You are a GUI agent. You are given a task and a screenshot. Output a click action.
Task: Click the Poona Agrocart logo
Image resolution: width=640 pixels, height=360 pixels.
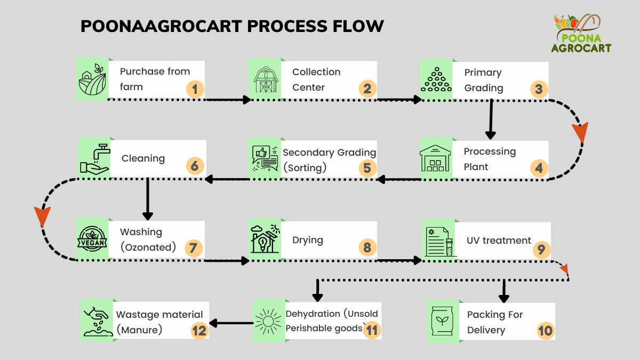tap(581, 34)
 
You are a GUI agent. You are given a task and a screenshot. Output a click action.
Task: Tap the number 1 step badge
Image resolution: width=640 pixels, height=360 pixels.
tap(195, 89)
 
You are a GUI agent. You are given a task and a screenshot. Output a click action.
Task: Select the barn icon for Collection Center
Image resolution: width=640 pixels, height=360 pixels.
tap(266, 79)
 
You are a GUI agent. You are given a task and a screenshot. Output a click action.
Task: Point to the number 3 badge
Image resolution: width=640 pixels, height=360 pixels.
tap(539, 89)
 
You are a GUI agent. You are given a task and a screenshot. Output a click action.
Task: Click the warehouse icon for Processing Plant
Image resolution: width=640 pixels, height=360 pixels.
tap(435, 158)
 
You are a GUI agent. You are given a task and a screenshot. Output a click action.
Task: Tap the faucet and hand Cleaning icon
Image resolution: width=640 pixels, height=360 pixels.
tap(95, 158)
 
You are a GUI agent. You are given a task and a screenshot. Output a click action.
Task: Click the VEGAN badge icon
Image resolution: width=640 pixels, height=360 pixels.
tap(92, 238)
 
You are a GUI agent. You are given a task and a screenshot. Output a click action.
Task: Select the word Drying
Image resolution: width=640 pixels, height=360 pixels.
tap(308, 241)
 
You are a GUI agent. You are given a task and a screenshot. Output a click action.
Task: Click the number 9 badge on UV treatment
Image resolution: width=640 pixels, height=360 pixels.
tap(541, 250)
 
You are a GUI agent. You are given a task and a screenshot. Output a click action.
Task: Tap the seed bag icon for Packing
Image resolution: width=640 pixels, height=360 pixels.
tap(442, 321)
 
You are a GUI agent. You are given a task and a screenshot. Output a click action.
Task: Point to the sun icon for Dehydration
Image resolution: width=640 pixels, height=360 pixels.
tap(268, 322)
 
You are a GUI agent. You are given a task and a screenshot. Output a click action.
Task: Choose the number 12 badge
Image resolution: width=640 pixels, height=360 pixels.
tap(199, 331)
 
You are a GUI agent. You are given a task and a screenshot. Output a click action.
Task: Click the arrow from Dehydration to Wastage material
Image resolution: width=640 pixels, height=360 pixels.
tap(231, 323)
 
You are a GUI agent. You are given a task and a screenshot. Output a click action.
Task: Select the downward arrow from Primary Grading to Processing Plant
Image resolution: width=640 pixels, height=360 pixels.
tap(491, 119)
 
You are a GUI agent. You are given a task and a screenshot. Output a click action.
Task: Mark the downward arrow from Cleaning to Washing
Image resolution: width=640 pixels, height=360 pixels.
tap(147, 199)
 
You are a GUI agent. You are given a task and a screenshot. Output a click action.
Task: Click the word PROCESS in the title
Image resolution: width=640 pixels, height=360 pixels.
tap(287, 26)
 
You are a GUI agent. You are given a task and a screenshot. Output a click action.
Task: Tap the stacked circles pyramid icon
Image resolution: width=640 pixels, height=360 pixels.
tap(436, 79)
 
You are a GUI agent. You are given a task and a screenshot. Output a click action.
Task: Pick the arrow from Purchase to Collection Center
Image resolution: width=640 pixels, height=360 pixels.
tap(229, 100)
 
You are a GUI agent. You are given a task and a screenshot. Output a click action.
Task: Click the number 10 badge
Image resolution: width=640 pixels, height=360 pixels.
tap(546, 331)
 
